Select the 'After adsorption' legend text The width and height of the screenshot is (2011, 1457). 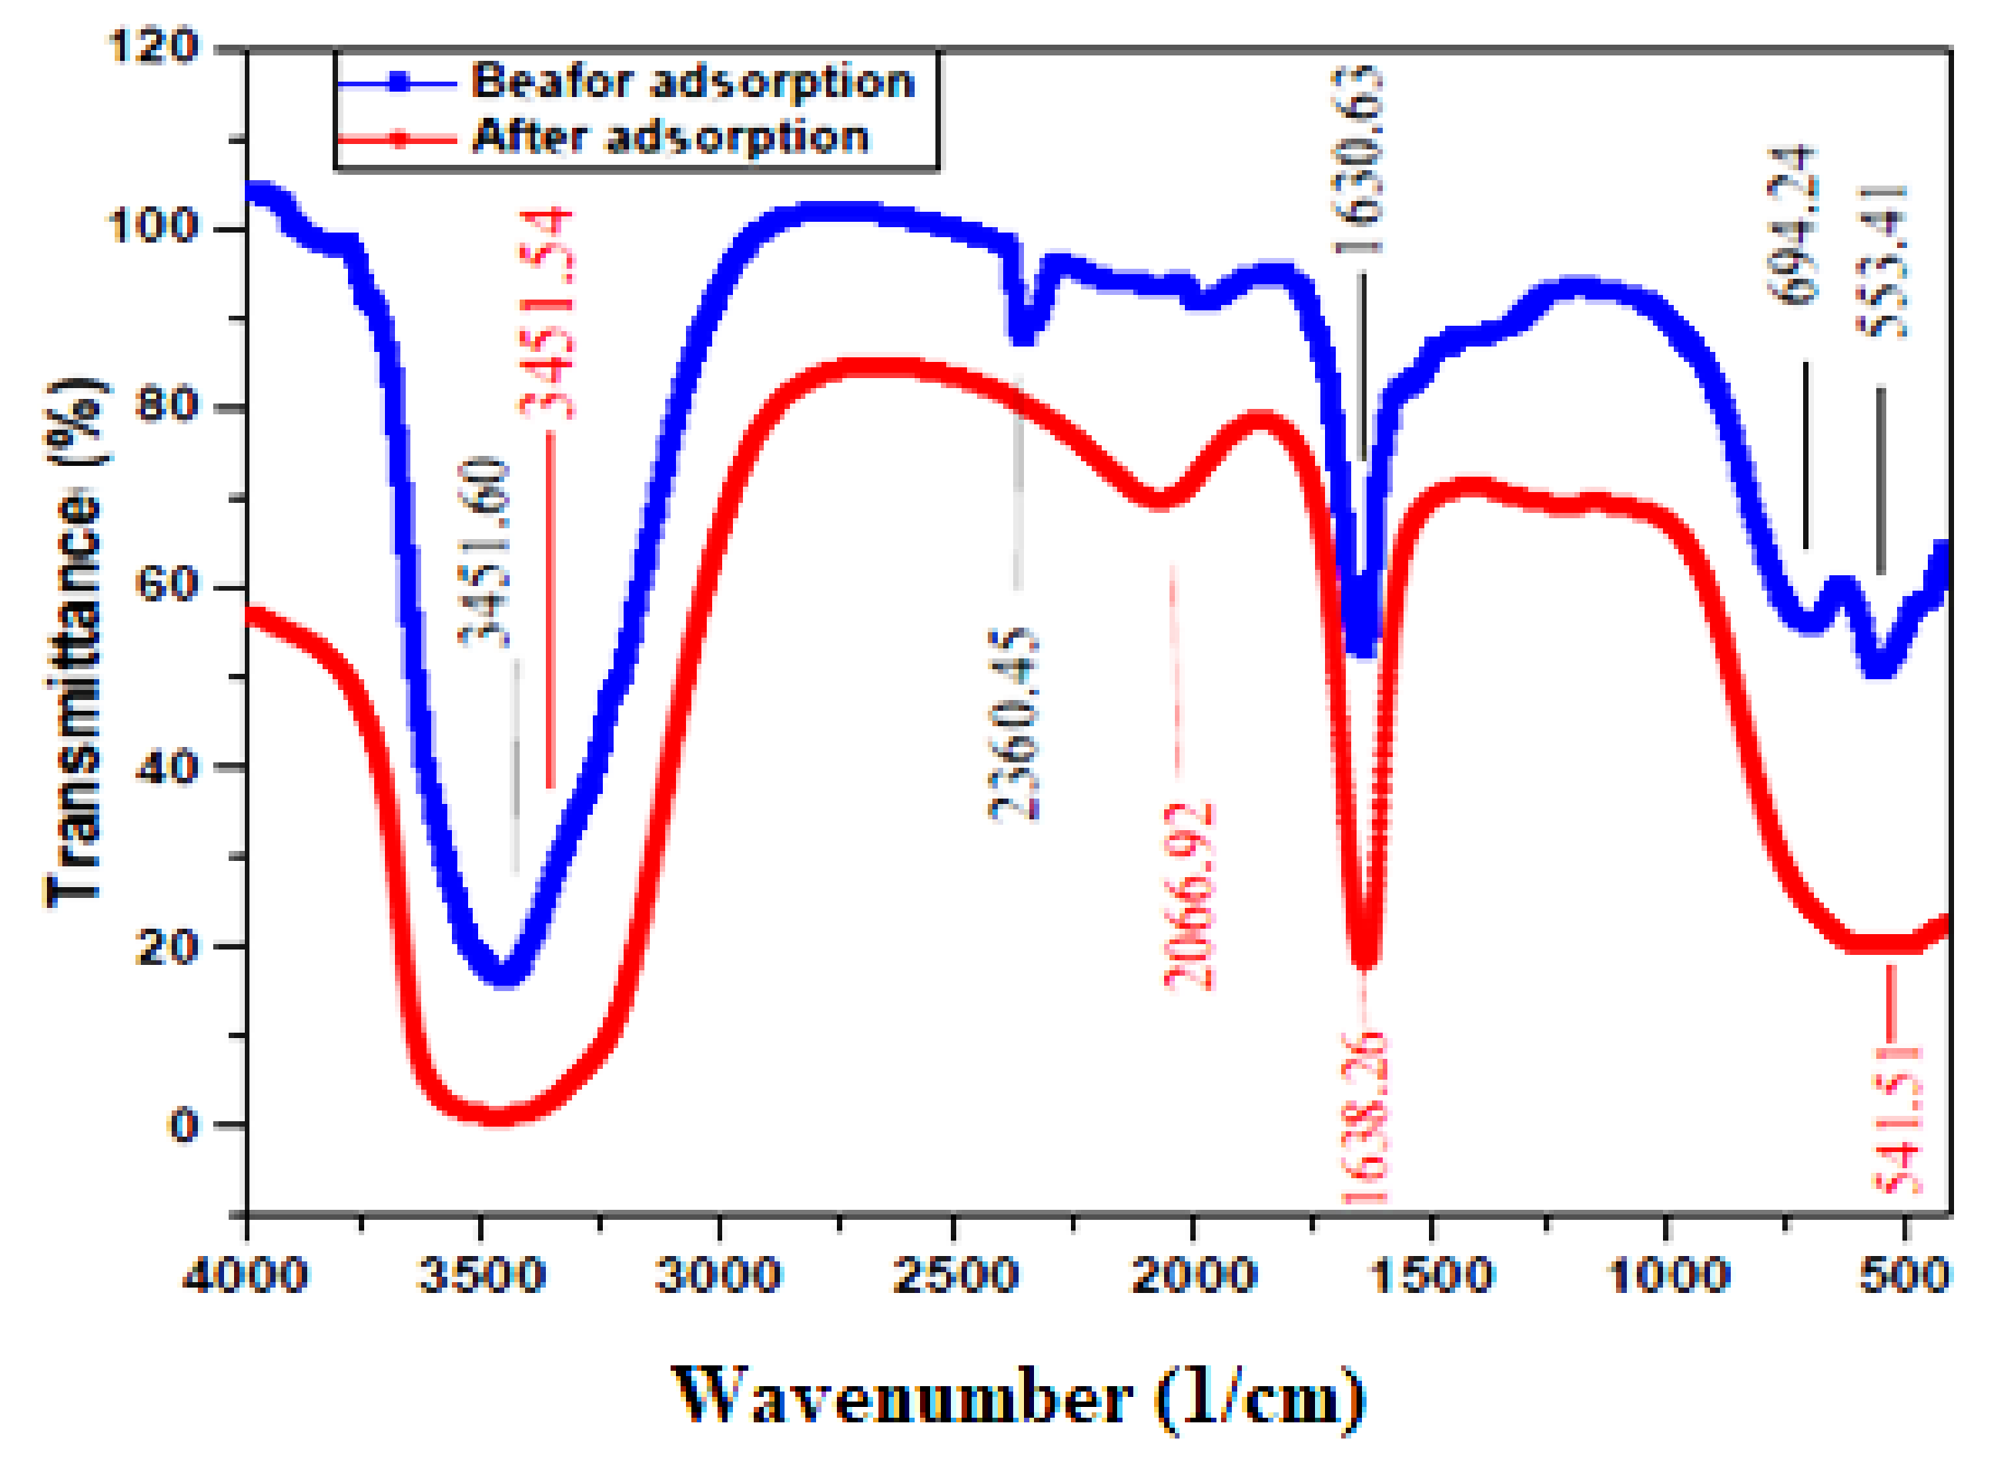pyautogui.click(x=671, y=137)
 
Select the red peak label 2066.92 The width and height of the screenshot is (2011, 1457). pyautogui.click(x=1188, y=896)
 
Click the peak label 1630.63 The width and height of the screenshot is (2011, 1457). pyautogui.click(x=1357, y=159)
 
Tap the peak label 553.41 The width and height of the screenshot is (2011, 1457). pyautogui.click(x=1882, y=262)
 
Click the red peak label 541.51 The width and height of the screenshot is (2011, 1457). pyautogui.click(x=1896, y=1120)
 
